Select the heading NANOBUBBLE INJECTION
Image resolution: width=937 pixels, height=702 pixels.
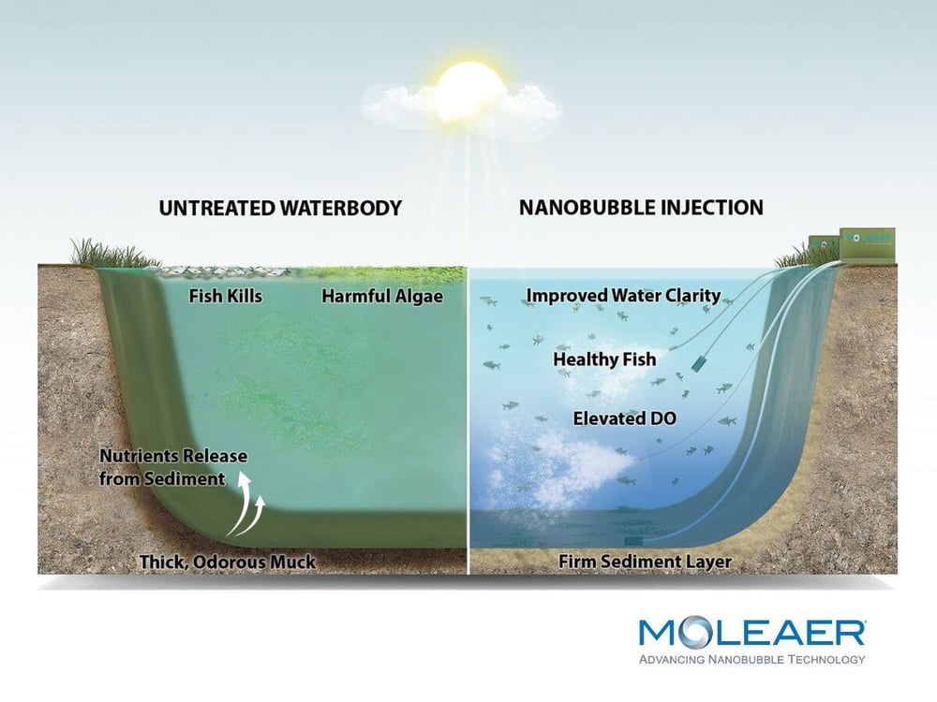(x=641, y=207)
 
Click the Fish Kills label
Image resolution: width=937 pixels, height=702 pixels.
(x=225, y=297)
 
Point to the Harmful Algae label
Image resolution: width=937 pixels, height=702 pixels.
(x=381, y=297)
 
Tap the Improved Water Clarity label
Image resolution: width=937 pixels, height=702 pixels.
(x=623, y=296)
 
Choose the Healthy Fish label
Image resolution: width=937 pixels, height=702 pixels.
(x=604, y=358)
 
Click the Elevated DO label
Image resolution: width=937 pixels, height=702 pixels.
(x=624, y=418)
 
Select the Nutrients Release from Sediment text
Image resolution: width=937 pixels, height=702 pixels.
(x=173, y=467)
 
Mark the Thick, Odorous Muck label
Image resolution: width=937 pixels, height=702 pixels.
(x=227, y=563)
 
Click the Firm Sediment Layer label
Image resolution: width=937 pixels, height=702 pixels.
(x=645, y=563)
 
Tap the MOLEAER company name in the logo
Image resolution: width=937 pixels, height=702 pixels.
(x=751, y=634)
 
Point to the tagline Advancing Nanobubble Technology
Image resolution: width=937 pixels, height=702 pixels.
(x=751, y=660)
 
